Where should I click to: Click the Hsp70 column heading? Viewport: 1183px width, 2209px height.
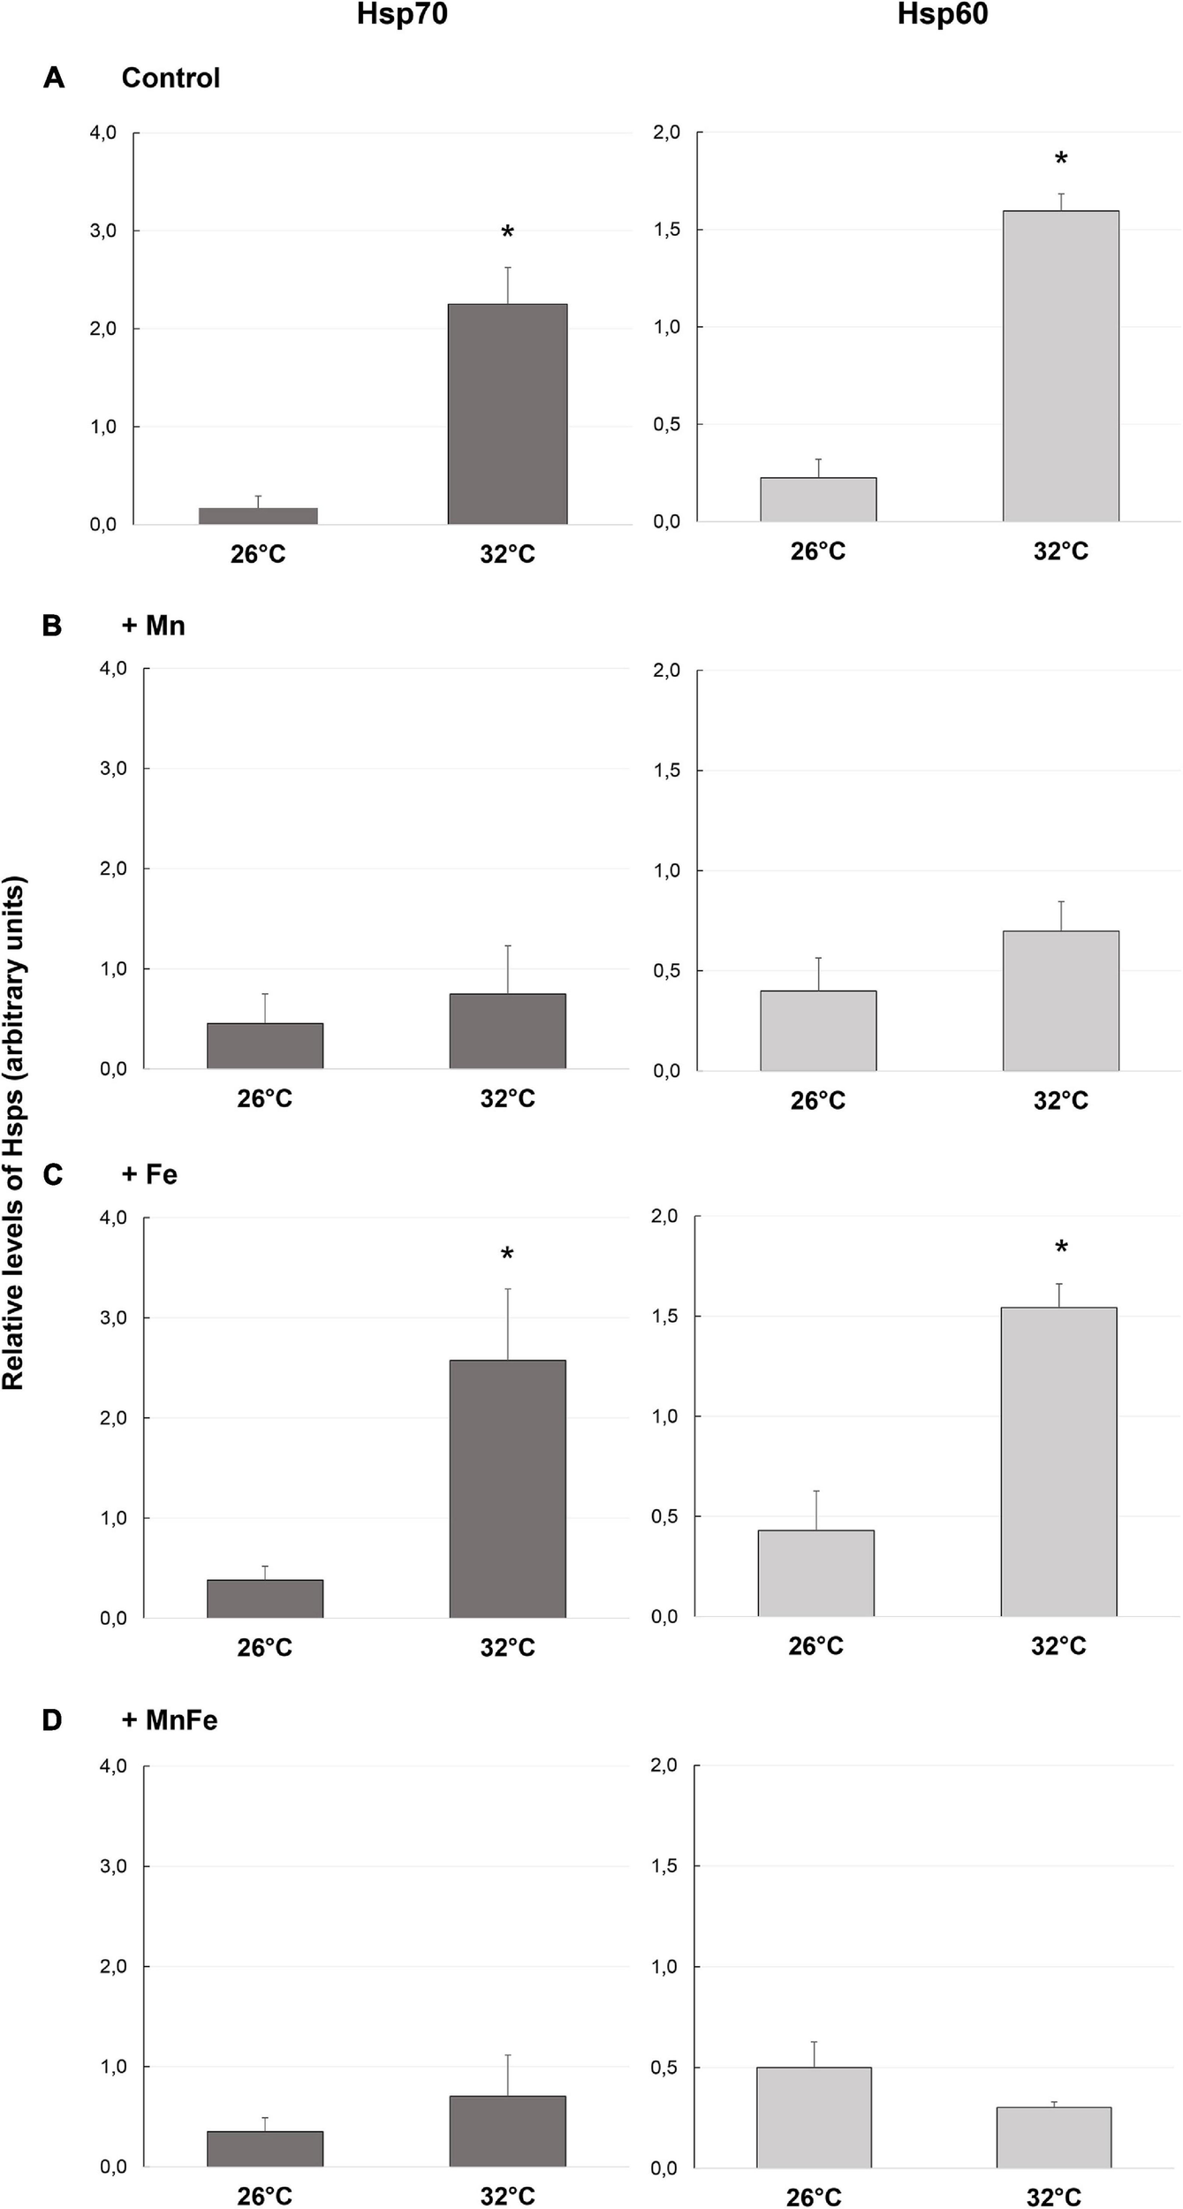pyautogui.click(x=402, y=15)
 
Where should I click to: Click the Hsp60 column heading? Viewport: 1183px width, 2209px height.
pyautogui.click(x=942, y=15)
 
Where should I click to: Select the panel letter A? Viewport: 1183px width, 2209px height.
pyautogui.click(x=54, y=79)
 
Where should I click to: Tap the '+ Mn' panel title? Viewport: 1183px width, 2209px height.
pyautogui.click(x=153, y=626)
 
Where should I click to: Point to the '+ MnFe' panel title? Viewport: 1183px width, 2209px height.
pyautogui.click(x=170, y=1719)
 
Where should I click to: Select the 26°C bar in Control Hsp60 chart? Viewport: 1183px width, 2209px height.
pyautogui.click(x=818, y=499)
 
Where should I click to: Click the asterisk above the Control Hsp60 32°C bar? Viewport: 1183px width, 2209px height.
pyautogui.click(x=1061, y=160)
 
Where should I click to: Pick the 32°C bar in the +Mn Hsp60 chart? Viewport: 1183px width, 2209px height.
pyautogui.click(x=1060, y=1000)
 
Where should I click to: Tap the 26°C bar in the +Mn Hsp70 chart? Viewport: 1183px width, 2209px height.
pyautogui.click(x=265, y=1045)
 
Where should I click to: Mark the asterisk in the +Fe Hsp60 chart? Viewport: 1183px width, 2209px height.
pyautogui.click(x=1061, y=1248)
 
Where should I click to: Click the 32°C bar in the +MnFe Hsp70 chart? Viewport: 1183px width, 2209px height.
pyautogui.click(x=507, y=2130)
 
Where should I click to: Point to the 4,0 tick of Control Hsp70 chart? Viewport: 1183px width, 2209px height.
pyautogui.click(x=102, y=133)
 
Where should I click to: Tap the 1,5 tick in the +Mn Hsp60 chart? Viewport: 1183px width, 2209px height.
pyautogui.click(x=667, y=770)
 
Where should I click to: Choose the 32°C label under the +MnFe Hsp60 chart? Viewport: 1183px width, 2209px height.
pyautogui.click(x=1053, y=2196)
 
